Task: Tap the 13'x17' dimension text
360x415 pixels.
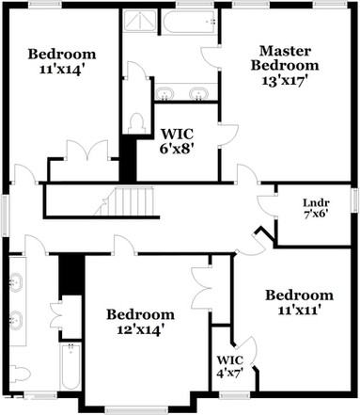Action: pos(285,81)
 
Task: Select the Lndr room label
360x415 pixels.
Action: pos(316,201)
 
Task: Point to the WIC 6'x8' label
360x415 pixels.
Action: pos(178,134)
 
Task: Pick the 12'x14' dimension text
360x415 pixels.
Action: pos(139,329)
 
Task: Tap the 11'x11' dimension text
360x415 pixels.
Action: pos(298,310)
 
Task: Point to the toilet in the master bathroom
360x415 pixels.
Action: pos(136,122)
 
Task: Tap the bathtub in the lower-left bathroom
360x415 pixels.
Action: pos(71,367)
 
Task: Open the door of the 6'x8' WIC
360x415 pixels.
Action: pos(227,133)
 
